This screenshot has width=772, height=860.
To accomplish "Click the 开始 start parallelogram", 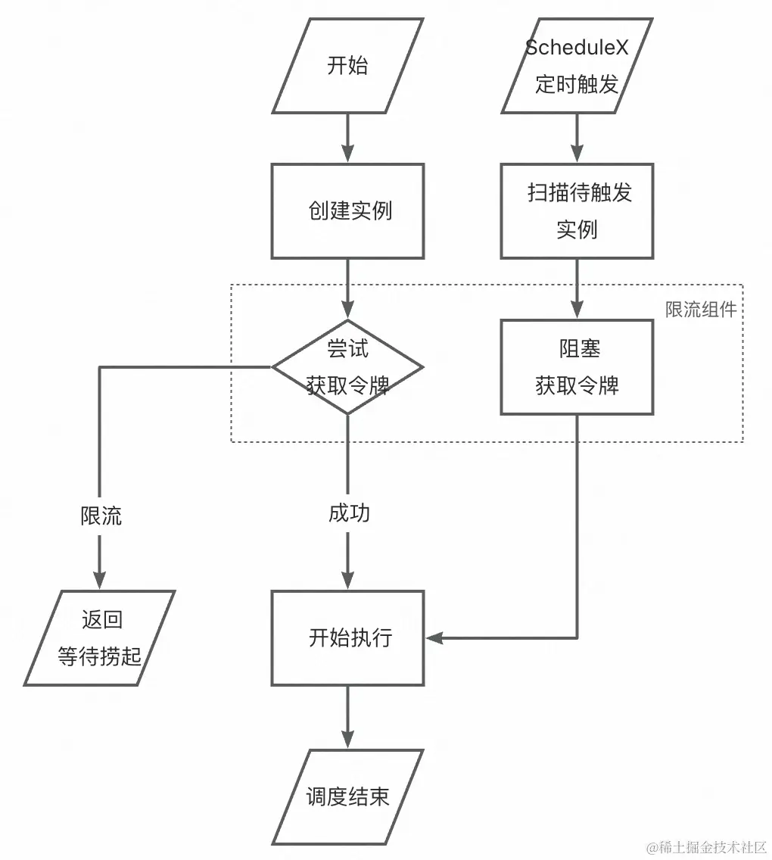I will pyautogui.click(x=347, y=66).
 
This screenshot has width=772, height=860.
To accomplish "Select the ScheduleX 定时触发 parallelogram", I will pyautogui.click(x=577, y=66).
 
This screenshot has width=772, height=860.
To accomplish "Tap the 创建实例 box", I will pyautogui.click(x=347, y=210).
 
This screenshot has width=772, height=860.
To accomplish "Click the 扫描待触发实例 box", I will pyautogui.click(x=577, y=210).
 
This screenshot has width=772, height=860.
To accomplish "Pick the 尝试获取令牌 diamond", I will pyautogui.click(x=347, y=367).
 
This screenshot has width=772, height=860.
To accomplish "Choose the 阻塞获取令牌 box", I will pyautogui.click(x=577, y=367).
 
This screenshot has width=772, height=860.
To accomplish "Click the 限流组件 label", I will pyautogui.click(x=701, y=310).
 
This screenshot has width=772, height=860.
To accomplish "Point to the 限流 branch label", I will pyautogui.click(x=101, y=516).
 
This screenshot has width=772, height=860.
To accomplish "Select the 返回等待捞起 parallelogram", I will pyautogui.click(x=100, y=638).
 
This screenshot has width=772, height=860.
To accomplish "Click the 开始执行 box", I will pyautogui.click(x=347, y=638).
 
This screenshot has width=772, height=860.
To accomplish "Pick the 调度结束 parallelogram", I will pyautogui.click(x=347, y=797).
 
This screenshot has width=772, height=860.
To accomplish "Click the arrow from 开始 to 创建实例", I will pyautogui.click(x=347, y=138).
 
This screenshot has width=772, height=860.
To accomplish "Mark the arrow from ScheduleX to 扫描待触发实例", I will pyautogui.click(x=577, y=138).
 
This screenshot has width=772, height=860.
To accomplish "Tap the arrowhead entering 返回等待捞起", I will pyautogui.click(x=100, y=581).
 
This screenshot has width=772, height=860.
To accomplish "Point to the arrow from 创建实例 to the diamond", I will pyautogui.click(x=347, y=288).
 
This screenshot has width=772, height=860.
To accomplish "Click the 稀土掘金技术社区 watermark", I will pyautogui.click(x=706, y=846).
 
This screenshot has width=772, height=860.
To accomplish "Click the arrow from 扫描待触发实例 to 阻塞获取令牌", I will pyautogui.click(x=577, y=288).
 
